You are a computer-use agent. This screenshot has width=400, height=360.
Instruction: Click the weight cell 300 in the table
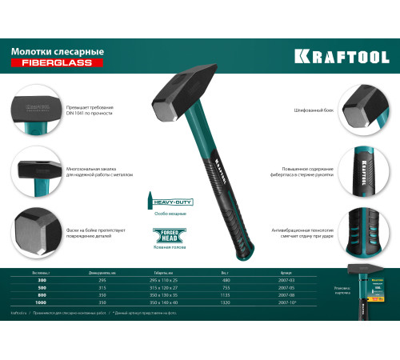(30, 280)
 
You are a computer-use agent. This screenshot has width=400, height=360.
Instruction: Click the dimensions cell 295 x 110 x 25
(161, 280)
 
